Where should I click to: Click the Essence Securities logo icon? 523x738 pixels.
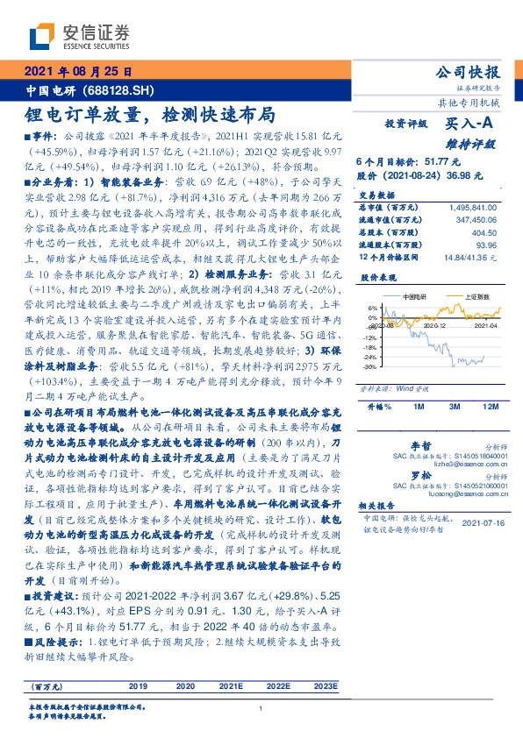43,37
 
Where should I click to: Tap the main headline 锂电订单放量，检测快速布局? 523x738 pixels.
149,115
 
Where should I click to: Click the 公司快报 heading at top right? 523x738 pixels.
470,72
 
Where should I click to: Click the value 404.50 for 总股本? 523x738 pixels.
484,235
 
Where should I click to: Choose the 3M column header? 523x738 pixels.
455,408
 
